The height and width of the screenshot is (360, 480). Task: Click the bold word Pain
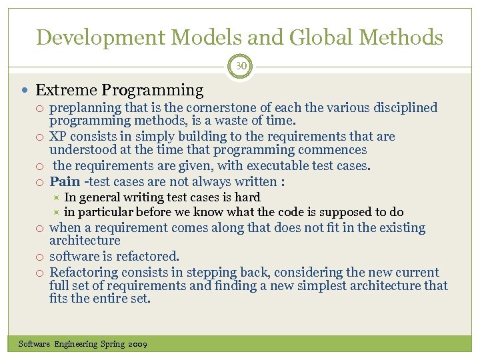coord(65,181)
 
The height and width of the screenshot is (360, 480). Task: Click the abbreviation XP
coord(58,137)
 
